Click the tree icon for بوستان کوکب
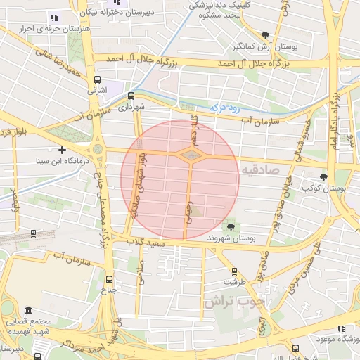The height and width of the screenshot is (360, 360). (323, 177)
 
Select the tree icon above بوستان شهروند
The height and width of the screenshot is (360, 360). (231, 226)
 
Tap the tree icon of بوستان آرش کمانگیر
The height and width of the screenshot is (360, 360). (264, 34)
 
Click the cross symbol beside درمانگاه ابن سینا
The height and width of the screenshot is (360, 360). (63, 150)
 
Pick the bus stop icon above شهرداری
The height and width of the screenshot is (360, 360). (131, 96)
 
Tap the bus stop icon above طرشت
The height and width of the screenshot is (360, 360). (235, 271)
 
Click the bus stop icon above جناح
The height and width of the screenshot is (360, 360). (109, 278)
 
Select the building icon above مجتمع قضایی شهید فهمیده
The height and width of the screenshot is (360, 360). (28, 311)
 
